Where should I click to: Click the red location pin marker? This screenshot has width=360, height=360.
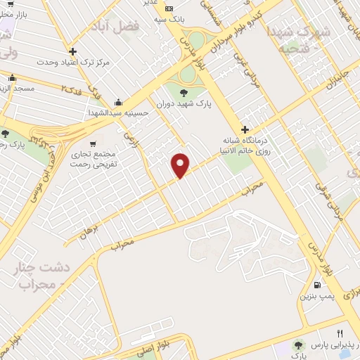(181, 165)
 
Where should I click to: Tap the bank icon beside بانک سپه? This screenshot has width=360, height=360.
(168, 8)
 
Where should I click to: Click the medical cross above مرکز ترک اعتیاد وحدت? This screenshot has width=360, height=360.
(73, 51)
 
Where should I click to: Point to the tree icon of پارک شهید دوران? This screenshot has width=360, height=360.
(184, 92)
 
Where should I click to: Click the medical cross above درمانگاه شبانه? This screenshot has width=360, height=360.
(245, 129)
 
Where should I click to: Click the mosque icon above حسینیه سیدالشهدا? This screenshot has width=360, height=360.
(118, 101)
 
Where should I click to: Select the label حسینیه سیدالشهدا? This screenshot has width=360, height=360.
(118, 112)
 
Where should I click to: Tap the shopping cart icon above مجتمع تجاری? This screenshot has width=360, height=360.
(94, 144)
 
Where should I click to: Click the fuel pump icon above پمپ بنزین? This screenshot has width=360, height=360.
(318, 285)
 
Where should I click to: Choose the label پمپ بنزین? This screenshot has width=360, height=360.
(316, 297)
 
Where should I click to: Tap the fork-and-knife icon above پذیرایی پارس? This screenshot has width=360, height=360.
(340, 333)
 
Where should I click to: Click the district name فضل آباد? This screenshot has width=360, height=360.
(116, 26)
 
